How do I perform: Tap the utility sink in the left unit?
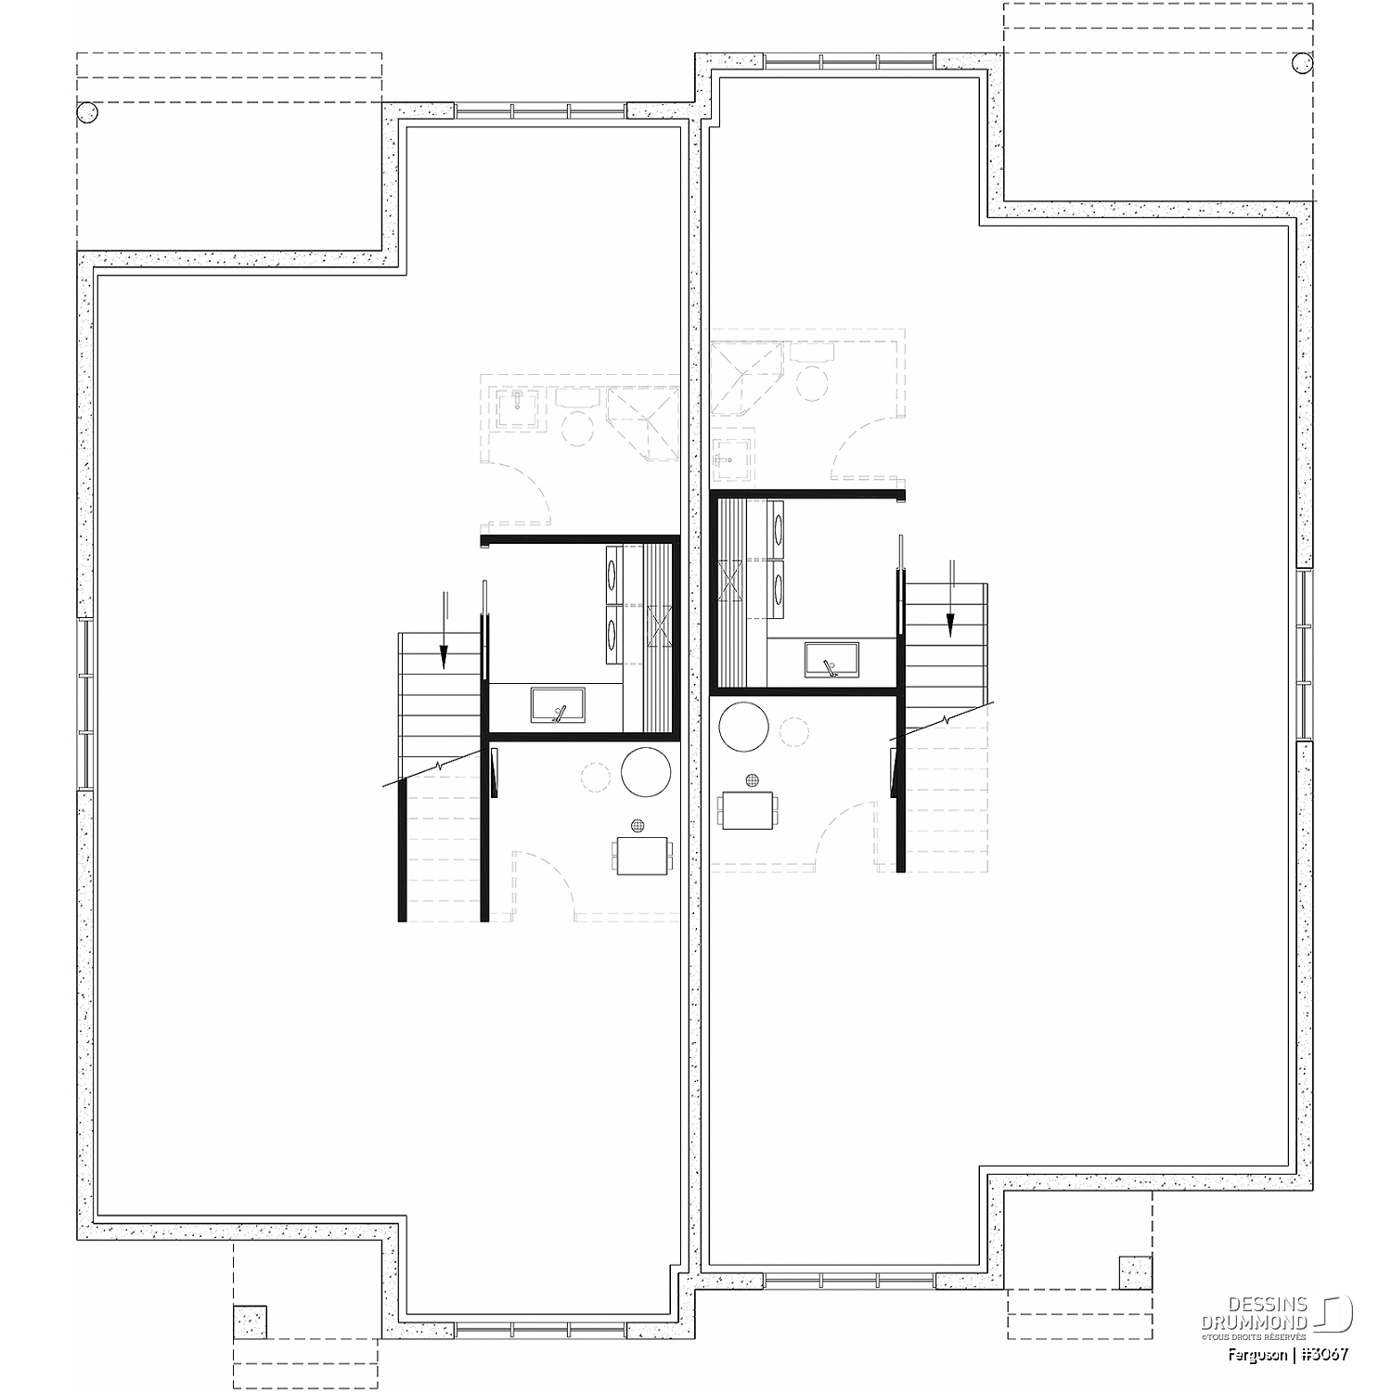pyautogui.click(x=558, y=704)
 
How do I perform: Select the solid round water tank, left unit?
pyautogui.click(x=646, y=772)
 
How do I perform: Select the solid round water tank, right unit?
pyautogui.click(x=744, y=728)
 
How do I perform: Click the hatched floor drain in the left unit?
pyautogui.click(x=638, y=825)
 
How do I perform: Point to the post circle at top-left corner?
pyautogui.click(x=86, y=112)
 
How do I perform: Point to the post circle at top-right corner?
pyautogui.click(x=1303, y=62)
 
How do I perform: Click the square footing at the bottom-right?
pyautogui.click(x=1135, y=1271)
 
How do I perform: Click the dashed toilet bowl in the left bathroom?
pyautogui.click(x=579, y=429)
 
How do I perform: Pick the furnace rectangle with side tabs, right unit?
pyautogui.click(x=748, y=811)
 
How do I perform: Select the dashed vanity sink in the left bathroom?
pyautogui.click(x=518, y=404)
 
